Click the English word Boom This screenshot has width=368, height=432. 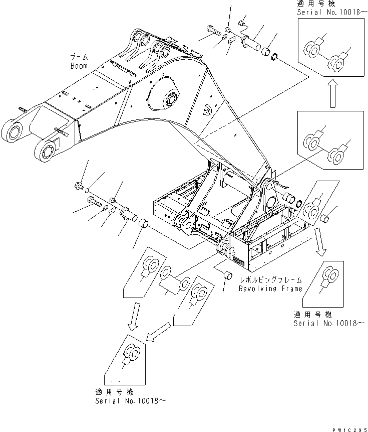[79, 66]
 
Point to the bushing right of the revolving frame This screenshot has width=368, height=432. [323, 218]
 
